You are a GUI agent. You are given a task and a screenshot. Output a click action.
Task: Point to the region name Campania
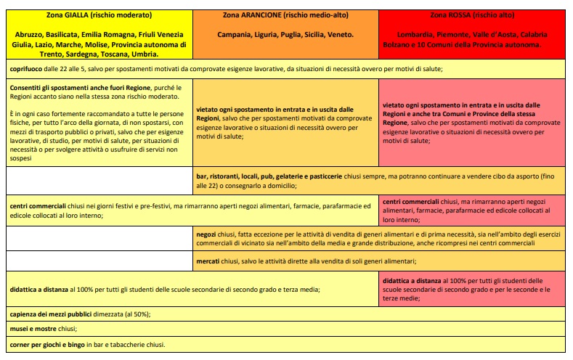coord(235,34)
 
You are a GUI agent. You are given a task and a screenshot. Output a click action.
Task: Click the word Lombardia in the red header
coord(416,34)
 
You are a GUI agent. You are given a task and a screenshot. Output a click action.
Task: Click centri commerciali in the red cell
coord(411,201)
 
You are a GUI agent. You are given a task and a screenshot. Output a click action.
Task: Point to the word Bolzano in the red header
coord(397,44)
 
